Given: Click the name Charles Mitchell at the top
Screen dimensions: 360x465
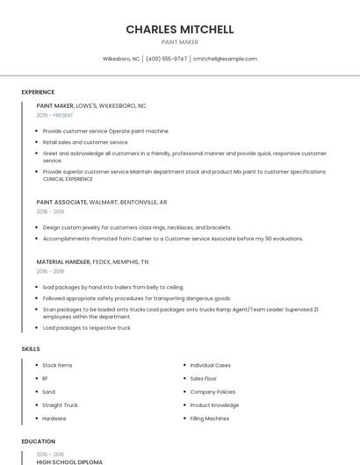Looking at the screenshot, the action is pos(180,29).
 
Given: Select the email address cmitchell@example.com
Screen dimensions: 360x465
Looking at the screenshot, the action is pos(225,59).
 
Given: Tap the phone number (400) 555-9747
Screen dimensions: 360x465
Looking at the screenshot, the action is pos(166,59).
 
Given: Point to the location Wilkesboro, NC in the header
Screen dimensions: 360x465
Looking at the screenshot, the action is pos(121,59).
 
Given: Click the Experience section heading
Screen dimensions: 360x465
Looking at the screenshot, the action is pos(38,92).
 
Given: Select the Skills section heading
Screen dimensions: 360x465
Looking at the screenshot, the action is pos(31,349).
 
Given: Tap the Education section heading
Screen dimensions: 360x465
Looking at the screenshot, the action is pos(39,441).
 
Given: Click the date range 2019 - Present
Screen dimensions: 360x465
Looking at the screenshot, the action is pos(55,115).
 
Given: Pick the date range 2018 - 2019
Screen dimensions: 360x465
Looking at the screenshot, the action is pos(50,211).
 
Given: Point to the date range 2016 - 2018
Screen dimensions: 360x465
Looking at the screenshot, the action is pos(50,271).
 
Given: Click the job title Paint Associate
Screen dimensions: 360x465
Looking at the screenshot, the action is pos(61,202).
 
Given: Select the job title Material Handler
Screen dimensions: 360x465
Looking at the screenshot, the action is pos(63,261).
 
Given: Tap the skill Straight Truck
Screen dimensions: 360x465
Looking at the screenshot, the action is pos(60,405).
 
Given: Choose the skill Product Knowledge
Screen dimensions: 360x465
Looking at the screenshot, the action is pos(214,405).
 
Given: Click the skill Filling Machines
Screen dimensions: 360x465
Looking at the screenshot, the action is pos(210,418).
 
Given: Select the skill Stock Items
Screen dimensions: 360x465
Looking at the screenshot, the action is pos(57,365).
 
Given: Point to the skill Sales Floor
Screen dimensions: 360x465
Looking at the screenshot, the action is pos(204,378).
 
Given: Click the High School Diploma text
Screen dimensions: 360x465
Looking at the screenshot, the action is pos(69,461).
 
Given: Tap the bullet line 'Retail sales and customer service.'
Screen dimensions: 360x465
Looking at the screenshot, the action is pos(85,141).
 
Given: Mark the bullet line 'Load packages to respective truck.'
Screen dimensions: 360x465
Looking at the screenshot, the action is pos(87,327).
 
